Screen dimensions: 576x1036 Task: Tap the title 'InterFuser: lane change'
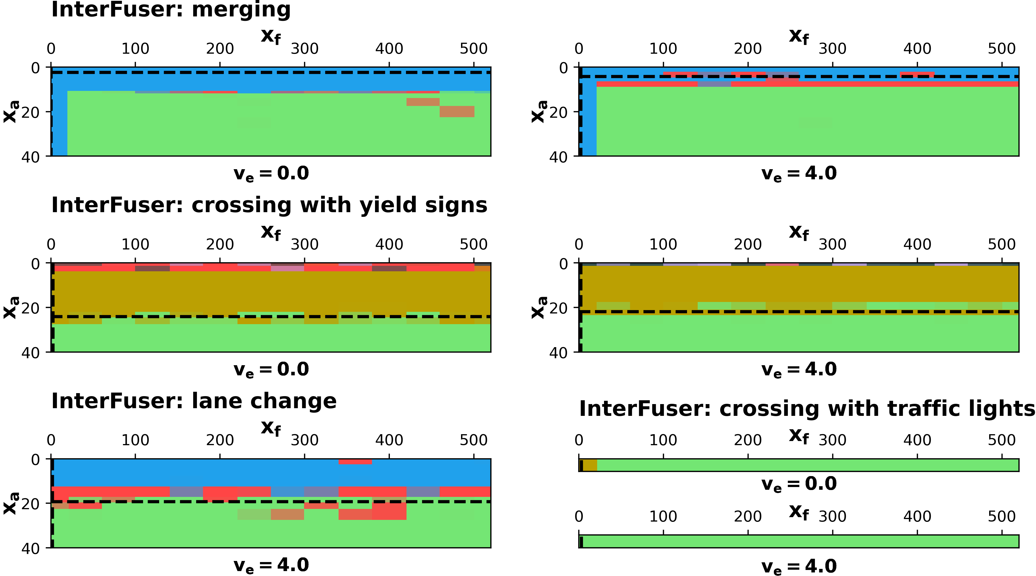pyautogui.click(x=194, y=401)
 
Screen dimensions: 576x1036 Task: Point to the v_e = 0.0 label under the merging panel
pyautogui.click(x=271, y=174)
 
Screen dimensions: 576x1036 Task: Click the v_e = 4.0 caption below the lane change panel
pyautogui.click(x=271, y=565)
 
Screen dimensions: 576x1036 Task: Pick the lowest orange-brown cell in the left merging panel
pyautogui.click(x=457, y=111)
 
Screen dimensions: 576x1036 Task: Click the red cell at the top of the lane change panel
pyautogui.click(x=355, y=462)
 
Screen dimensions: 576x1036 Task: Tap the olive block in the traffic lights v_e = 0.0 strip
pyautogui.click(x=589, y=465)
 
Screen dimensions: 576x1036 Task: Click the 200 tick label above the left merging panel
pyautogui.click(x=220, y=49)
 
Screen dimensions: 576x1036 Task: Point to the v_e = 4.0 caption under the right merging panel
pyautogui.click(x=799, y=174)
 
